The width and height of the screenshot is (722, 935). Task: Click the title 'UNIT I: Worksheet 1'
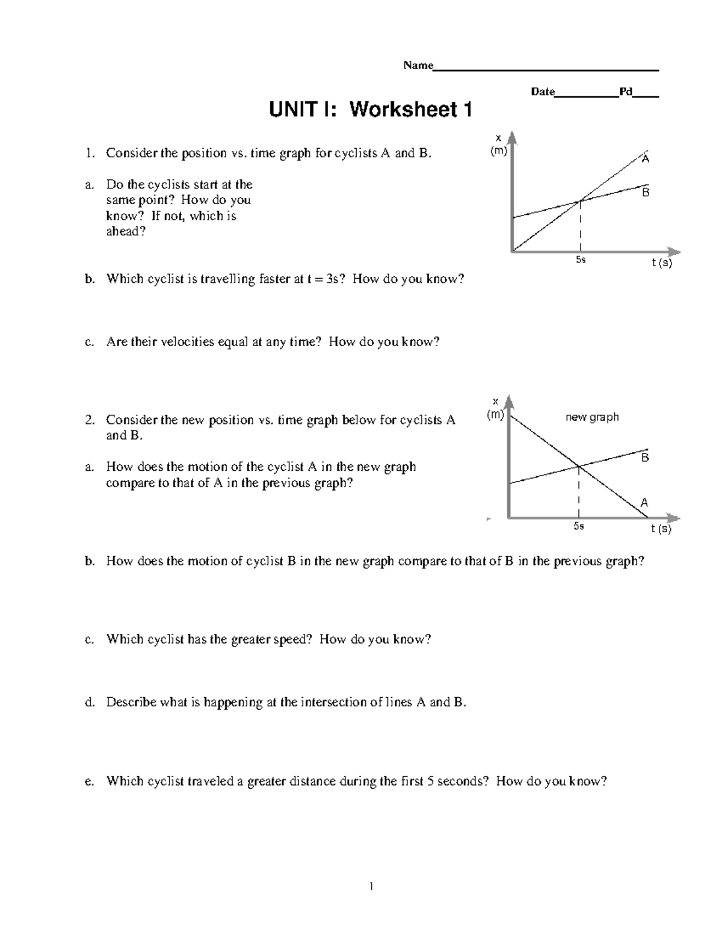pyautogui.click(x=370, y=110)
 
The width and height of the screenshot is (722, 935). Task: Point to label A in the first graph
pyautogui.click(x=646, y=160)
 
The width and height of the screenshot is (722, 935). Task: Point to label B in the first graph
pyautogui.click(x=646, y=193)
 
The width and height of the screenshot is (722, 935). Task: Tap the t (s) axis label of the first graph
pyautogui.click(x=662, y=263)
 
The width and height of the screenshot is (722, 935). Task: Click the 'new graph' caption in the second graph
pyautogui.click(x=592, y=417)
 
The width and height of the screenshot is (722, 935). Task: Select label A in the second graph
pyautogui.click(x=644, y=503)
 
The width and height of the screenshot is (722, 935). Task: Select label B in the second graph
pyautogui.click(x=644, y=458)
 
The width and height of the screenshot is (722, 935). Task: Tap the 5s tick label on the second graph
pyautogui.click(x=579, y=526)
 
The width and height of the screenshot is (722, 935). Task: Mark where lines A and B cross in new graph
pyautogui.click(x=579, y=466)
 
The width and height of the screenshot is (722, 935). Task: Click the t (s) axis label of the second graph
pyautogui.click(x=661, y=529)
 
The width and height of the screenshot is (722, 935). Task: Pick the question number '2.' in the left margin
pyautogui.click(x=90, y=420)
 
